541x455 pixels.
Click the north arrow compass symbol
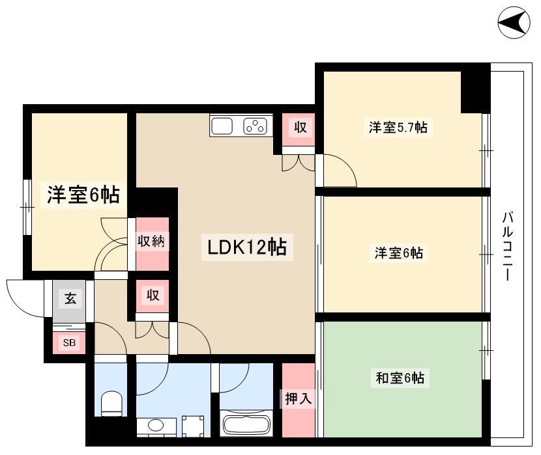pos(514,22)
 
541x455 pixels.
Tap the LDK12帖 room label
pos(247,247)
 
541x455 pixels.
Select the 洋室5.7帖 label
pos(398,128)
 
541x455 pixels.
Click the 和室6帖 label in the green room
pos(400,378)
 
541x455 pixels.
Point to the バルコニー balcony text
pos(507,246)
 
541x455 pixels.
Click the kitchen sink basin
pos(222,126)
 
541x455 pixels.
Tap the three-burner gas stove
pos(256,126)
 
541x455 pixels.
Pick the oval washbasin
pos(156,425)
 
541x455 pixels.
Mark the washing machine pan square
pos(193,426)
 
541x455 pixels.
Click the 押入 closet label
pos(298,399)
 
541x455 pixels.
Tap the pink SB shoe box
pos(69,342)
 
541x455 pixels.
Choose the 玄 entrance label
pos(70,298)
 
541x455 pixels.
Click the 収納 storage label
pos(151,241)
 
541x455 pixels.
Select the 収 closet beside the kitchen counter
pos(300,128)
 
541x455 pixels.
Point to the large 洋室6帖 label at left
pos(83,195)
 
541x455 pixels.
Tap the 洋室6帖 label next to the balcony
pos(398,253)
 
